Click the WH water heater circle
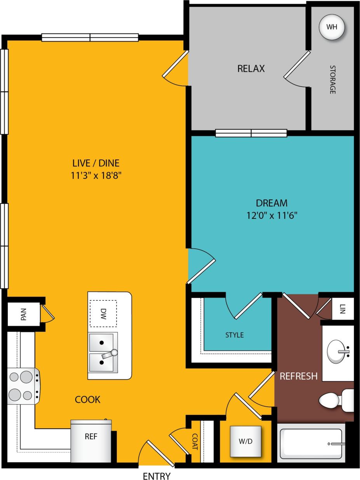[331, 28]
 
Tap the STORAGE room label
[332, 80]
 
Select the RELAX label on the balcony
[251, 69]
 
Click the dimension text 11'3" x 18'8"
[96, 175]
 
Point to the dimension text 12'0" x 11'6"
[271, 215]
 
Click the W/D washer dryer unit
[245, 441]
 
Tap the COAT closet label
[195, 442]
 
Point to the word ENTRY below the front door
[157, 476]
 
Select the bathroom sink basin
[336, 351]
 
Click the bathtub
[312, 444]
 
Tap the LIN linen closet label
[342, 309]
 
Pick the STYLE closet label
[235, 334]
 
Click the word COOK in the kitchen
[88, 399]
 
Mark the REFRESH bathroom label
[299, 376]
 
